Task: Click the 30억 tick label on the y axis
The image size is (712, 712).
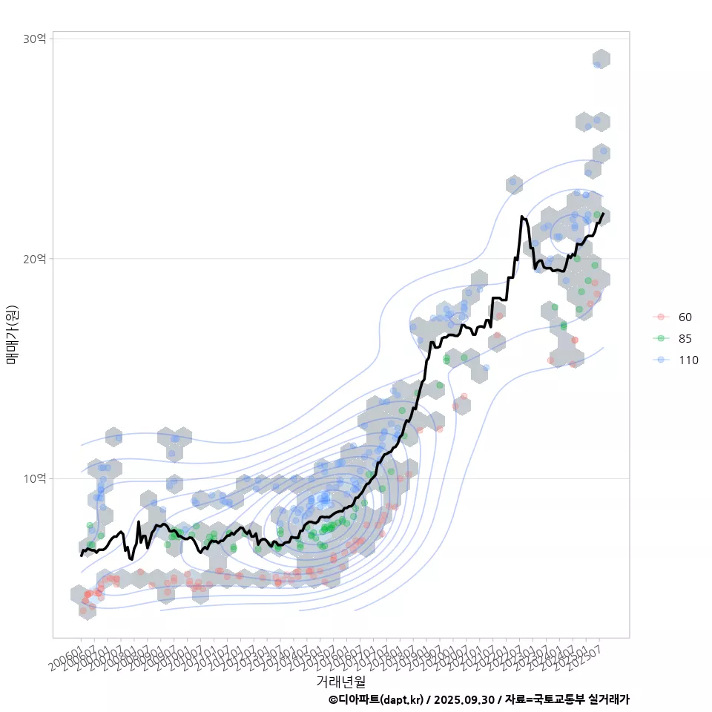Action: click(x=35, y=39)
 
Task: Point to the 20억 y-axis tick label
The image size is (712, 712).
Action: click(x=35, y=258)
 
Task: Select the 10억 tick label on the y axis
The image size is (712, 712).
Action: click(x=35, y=478)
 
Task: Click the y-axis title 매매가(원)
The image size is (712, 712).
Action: click(x=12, y=334)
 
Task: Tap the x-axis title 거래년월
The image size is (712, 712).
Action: click(x=340, y=681)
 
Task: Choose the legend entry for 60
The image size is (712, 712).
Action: click(x=685, y=317)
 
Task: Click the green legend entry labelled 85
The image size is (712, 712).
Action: click(x=685, y=338)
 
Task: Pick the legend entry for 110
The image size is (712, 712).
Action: click(x=688, y=360)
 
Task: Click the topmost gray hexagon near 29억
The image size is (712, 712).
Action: click(x=601, y=59)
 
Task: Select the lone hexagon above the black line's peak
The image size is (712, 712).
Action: click(x=514, y=183)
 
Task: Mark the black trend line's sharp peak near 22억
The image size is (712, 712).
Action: click(x=522, y=217)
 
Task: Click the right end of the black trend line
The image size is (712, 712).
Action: click(x=603, y=214)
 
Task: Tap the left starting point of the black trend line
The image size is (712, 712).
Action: click(x=81, y=555)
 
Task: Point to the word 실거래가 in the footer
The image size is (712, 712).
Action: click(x=609, y=699)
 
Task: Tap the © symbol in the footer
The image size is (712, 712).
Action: click(x=333, y=699)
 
